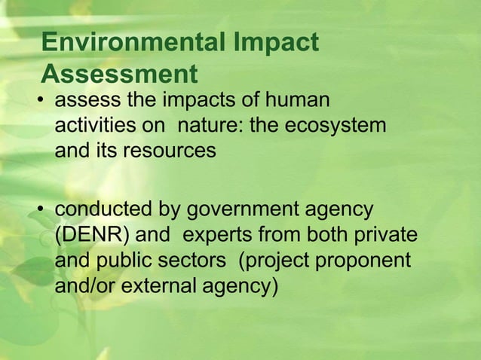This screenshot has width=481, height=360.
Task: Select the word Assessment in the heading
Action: click(x=119, y=75)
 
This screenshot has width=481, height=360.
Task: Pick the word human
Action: click(x=300, y=100)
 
